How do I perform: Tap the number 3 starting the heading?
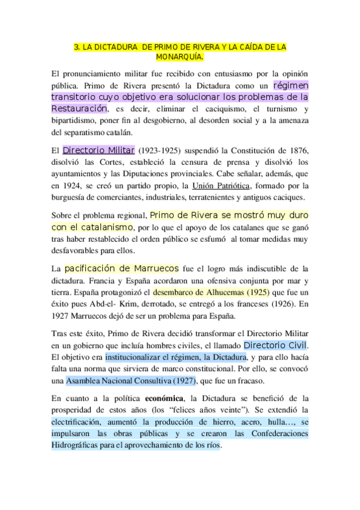[75, 46]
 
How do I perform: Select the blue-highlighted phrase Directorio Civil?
[275, 345]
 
